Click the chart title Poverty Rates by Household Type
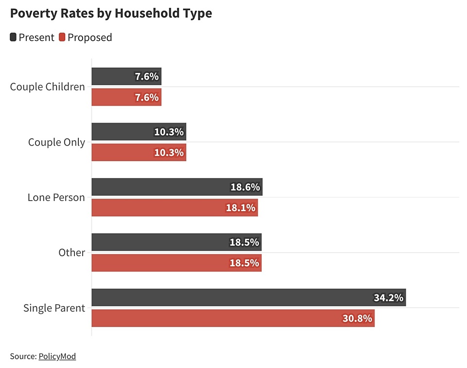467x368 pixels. (111, 13)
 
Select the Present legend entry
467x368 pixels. (32, 37)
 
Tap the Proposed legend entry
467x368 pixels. (86, 37)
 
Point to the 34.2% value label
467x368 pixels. (388, 298)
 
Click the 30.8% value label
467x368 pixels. (357, 318)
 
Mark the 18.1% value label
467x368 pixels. (240, 208)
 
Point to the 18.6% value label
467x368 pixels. (245, 187)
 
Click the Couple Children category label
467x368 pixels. (47, 87)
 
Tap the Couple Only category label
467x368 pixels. (56, 142)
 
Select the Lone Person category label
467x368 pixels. (56, 198)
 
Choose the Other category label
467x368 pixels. (72, 253)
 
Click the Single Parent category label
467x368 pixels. (54, 308)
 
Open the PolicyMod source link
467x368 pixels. (57, 356)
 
